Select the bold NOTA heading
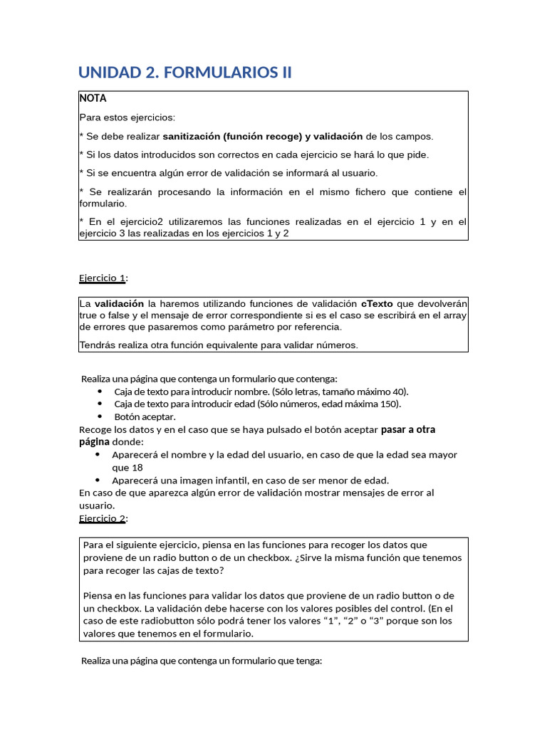pos(93,98)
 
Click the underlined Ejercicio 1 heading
pos(101,278)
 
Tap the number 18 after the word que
pos(137,468)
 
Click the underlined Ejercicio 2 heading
pos(102,518)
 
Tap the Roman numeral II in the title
pos(284,73)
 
